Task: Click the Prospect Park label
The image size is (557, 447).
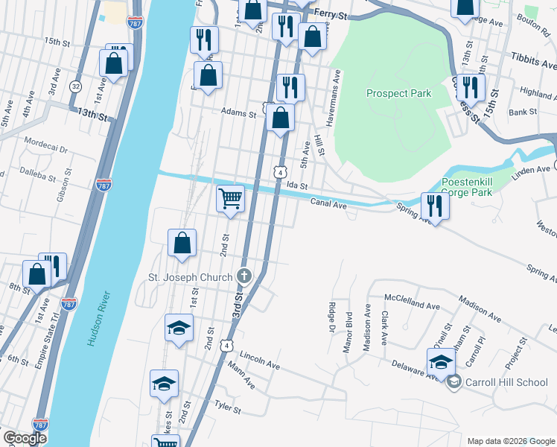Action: click(398, 94)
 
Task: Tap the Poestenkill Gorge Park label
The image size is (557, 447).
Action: click(476, 187)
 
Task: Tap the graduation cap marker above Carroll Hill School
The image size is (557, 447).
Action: click(441, 361)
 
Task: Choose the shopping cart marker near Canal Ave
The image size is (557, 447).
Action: click(230, 198)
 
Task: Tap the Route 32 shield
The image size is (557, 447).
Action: click(75, 86)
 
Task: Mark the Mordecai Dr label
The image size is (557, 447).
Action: click(45, 140)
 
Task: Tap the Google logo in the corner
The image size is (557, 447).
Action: click(24, 438)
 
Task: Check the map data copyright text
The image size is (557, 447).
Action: click(510, 440)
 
